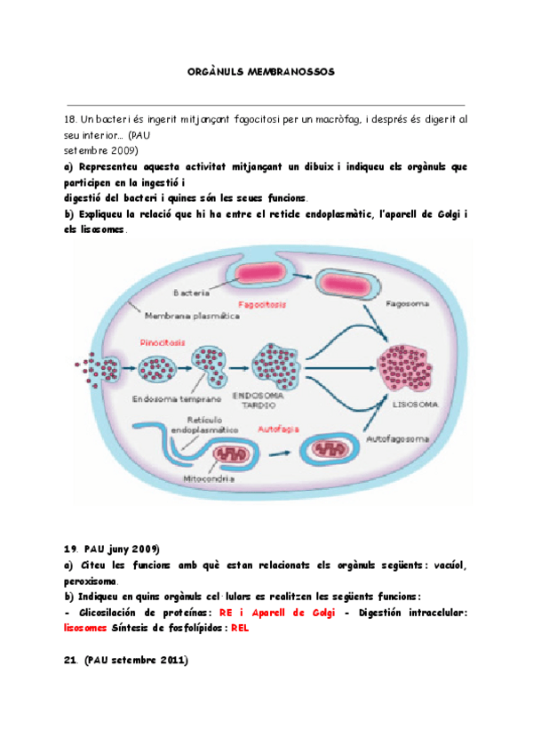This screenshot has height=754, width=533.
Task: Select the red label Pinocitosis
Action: click(x=161, y=341)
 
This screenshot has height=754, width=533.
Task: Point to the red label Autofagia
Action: click(x=275, y=429)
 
